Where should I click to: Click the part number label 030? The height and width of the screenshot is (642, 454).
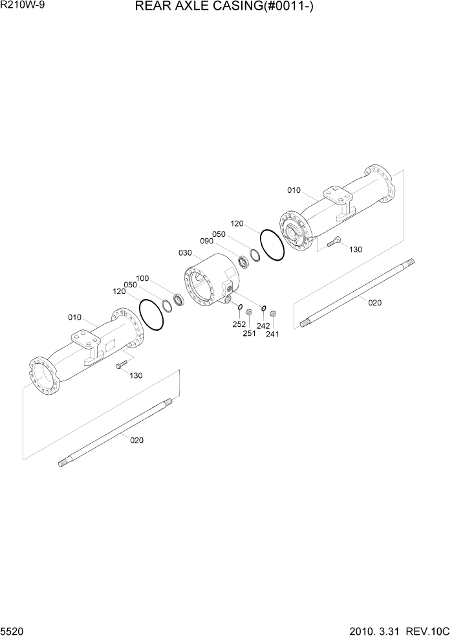(x=184, y=252)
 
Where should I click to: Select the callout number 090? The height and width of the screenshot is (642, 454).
(x=206, y=241)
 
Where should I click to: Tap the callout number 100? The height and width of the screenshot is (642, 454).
(x=142, y=278)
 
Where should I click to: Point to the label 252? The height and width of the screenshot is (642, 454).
(x=239, y=324)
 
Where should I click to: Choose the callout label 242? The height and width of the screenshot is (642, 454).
(x=263, y=326)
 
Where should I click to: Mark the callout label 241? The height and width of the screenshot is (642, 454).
(x=272, y=334)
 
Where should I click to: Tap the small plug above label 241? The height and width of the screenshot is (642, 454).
(x=273, y=314)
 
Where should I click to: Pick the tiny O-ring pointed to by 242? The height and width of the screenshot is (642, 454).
(x=264, y=307)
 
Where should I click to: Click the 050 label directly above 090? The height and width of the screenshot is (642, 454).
(x=219, y=234)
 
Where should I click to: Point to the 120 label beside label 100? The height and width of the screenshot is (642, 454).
(x=119, y=292)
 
